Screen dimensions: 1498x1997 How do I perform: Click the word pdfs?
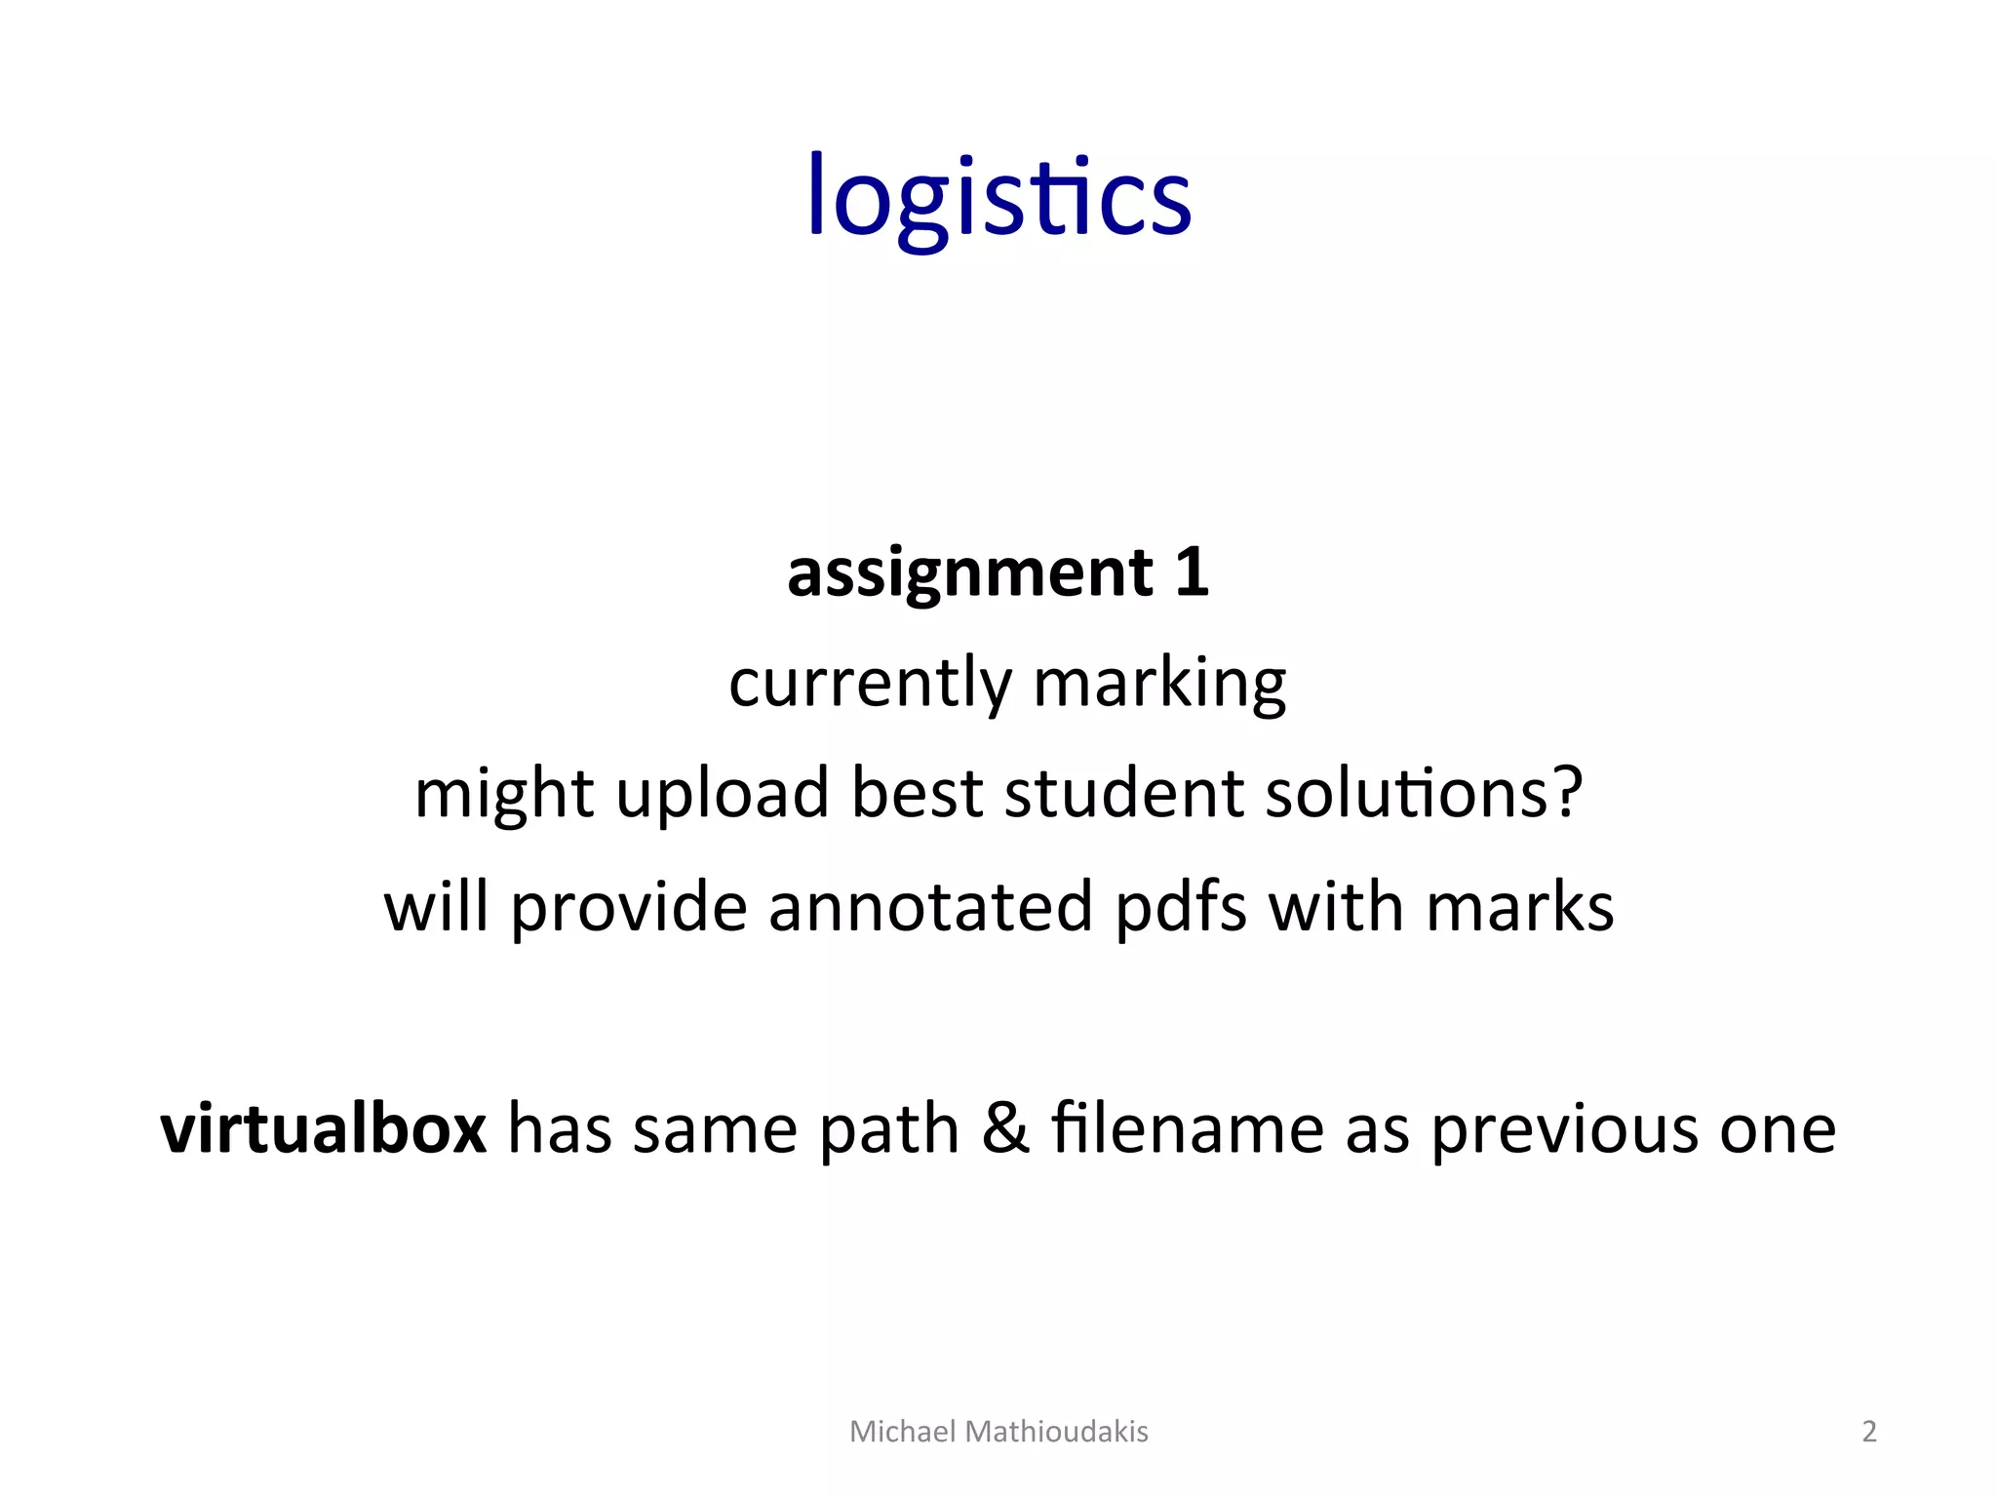tap(1180, 907)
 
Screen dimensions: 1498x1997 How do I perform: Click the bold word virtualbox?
tap(324, 1128)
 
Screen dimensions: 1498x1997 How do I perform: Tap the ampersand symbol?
tap(1005, 1128)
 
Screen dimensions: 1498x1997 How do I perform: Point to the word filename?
tap(1187, 1128)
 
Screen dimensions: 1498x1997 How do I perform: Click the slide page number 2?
tap(1869, 1432)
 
